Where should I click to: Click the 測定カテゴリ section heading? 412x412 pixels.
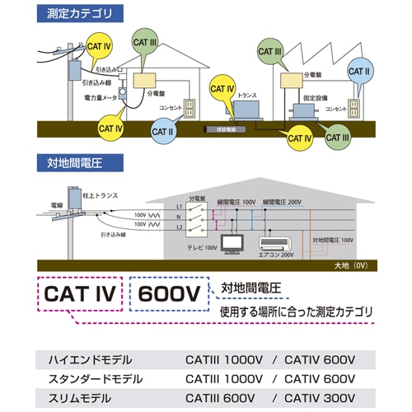pos(80,13)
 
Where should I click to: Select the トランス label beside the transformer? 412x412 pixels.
pos(246,96)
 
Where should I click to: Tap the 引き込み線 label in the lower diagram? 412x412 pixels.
pos(113,234)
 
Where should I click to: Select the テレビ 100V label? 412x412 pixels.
pos(203,247)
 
